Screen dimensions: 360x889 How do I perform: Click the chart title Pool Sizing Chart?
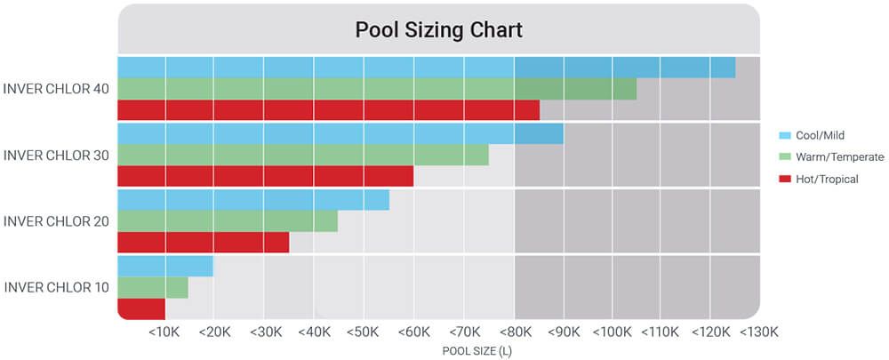438,29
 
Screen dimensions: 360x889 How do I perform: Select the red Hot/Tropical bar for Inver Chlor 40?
328,109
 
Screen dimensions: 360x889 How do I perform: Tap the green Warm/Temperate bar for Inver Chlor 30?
303,154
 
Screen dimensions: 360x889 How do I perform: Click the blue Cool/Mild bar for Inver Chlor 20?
253,199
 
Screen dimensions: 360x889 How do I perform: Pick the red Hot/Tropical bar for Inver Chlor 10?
141,308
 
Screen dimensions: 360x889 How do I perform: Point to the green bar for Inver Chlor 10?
153,287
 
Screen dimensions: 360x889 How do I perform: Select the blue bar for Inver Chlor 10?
165,266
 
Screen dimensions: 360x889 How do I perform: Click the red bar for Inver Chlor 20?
204,242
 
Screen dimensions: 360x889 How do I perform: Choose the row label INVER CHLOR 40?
56,88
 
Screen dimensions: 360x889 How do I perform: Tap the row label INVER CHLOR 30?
56,155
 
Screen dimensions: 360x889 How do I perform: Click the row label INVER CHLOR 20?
56,220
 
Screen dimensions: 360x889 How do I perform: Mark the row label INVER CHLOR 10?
56,287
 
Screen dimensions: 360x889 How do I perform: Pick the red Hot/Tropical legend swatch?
784,179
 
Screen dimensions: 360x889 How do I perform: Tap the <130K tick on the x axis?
758,332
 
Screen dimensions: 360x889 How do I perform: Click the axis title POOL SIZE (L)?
477,350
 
